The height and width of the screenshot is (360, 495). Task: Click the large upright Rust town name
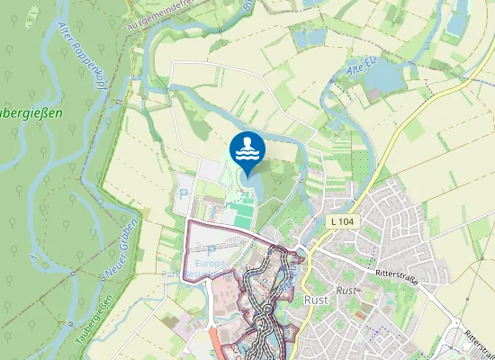point(316,300)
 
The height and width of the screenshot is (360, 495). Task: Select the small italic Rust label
point(346,291)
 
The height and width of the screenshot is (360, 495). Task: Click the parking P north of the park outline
point(184,193)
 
